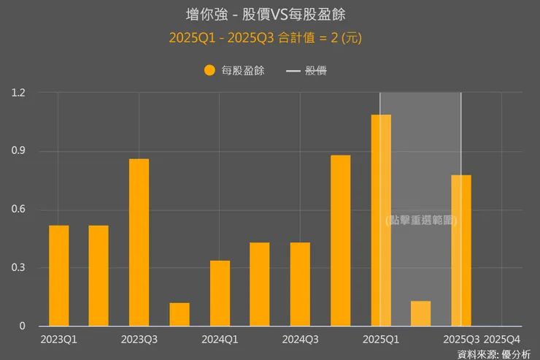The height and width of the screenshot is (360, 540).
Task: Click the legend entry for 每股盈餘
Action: pyautogui.click(x=234, y=71)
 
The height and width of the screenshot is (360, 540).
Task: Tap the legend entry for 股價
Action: pyautogui.click(x=306, y=71)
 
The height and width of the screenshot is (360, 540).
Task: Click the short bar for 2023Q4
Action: pyautogui.click(x=180, y=315)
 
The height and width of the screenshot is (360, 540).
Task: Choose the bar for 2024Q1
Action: pyautogui.click(x=220, y=294)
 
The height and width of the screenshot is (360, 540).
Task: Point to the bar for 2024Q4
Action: pyautogui.click(x=340, y=241)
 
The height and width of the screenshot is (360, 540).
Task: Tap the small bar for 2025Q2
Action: pyautogui.click(x=420, y=314)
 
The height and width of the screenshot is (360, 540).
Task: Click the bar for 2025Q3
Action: pyautogui.click(x=460, y=250)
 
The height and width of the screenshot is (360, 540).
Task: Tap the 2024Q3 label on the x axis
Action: pyautogui.click(x=300, y=340)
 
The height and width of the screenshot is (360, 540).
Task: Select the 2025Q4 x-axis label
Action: pyautogui.click(x=502, y=340)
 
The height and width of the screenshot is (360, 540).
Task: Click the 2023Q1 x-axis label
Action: pyautogui.click(x=59, y=340)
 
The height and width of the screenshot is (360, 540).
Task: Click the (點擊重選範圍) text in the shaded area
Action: pyautogui.click(x=421, y=220)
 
